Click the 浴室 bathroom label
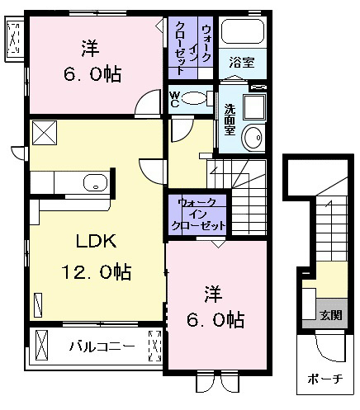[242, 63]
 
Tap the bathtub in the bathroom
[243, 31]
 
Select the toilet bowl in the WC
[194, 99]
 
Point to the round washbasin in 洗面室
[253, 137]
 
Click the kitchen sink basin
[95, 182]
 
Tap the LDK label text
[97, 241]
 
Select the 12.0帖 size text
[96, 271]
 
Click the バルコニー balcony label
[102, 346]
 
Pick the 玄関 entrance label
[330, 315]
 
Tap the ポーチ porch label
[325, 379]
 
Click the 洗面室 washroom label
[230, 120]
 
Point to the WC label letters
[174, 99]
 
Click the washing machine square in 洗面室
[254, 107]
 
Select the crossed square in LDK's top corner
[45, 133]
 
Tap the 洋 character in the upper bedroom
[91, 49]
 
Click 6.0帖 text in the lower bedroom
[216, 320]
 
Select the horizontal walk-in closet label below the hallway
[198, 214]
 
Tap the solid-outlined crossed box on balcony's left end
[41, 346]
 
